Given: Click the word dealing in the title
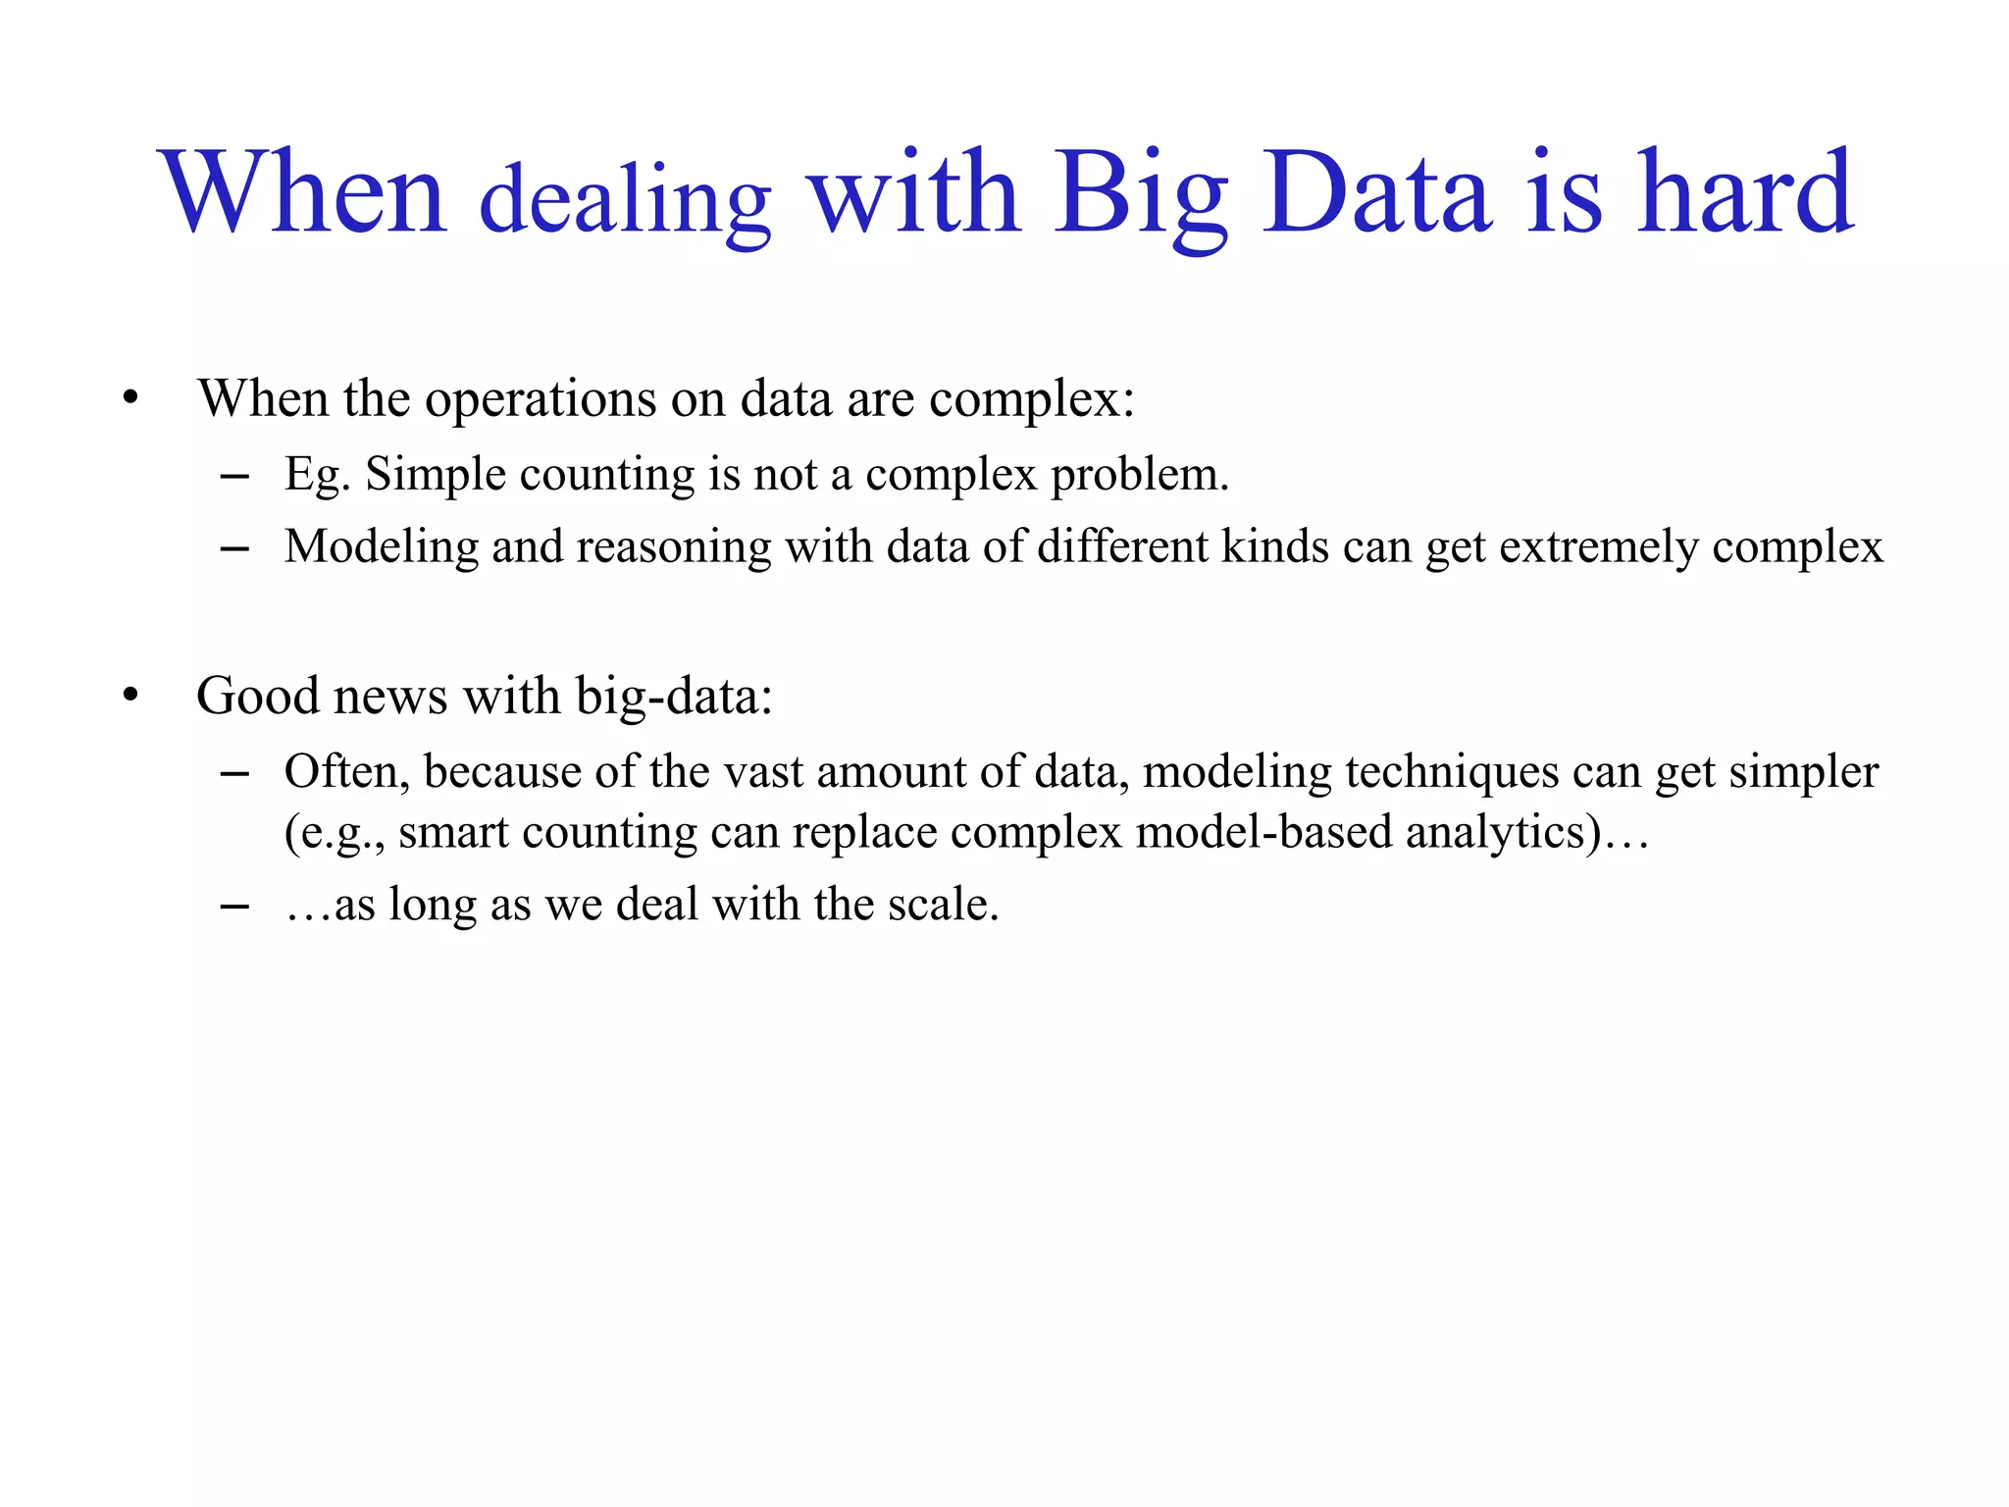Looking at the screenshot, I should (x=626, y=201).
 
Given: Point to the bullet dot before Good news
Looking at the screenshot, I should (x=130, y=696).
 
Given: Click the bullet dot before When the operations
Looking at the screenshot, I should (x=130, y=398).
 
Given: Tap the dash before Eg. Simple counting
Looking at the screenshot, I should (x=234, y=477).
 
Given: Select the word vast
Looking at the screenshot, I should (x=764, y=772).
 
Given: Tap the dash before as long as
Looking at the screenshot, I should (x=234, y=907).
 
